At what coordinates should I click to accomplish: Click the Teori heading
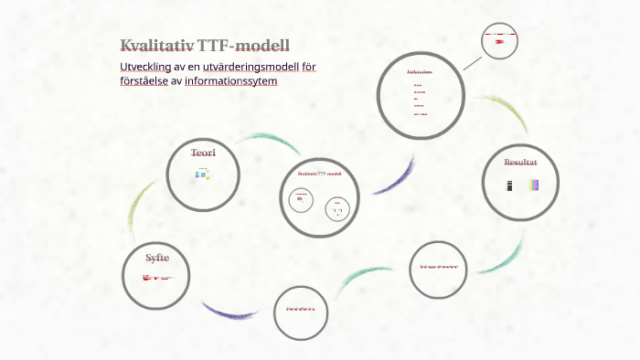[203, 153]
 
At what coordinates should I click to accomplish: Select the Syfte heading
[156, 257]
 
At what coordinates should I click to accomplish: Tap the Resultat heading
[520, 162]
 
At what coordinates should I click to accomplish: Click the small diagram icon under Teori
[202, 174]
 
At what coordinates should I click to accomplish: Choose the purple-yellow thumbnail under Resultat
[534, 185]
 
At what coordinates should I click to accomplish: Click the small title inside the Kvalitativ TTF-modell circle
[318, 173]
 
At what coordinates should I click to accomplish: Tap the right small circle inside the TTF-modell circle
[337, 209]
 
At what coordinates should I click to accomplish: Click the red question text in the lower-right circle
[438, 267]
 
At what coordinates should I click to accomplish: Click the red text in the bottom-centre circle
[300, 309]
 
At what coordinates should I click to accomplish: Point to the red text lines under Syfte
[157, 276]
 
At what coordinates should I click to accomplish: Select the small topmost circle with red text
[500, 41]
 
